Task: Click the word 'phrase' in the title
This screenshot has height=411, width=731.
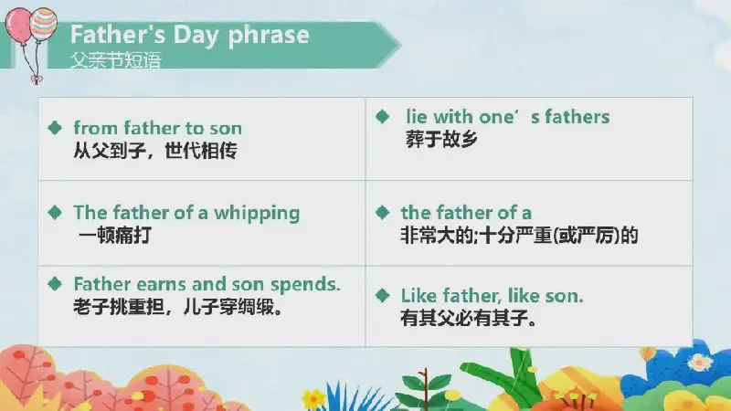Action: point(269,36)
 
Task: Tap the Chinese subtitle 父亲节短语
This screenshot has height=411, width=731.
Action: point(116,60)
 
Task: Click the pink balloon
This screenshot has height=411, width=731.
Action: point(18,26)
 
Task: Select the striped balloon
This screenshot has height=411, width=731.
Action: point(43,25)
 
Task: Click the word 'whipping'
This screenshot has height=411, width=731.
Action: point(257,214)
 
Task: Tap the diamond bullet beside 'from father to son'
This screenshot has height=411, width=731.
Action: point(55,128)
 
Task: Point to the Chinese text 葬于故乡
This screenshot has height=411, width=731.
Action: point(441,140)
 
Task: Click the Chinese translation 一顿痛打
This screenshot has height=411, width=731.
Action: point(115,235)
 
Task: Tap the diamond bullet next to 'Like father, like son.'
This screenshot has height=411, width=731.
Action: point(382,295)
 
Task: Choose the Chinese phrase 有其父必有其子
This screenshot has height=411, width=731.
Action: point(469,318)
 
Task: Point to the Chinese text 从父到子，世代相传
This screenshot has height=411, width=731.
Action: point(155,151)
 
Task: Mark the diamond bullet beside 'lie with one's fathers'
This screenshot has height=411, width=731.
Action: point(382,117)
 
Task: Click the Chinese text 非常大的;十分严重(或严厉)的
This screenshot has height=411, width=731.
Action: point(519,236)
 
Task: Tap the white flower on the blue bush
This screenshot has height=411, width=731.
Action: point(700,362)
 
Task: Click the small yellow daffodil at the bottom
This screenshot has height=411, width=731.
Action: point(313,399)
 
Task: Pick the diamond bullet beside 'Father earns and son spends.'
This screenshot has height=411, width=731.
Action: point(55,284)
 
